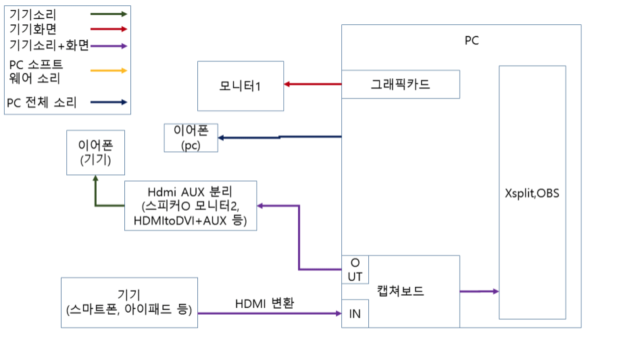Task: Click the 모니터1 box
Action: [x=240, y=86]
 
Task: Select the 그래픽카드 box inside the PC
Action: [x=400, y=84]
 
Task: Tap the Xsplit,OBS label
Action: [x=532, y=192]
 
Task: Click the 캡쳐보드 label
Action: [x=400, y=291]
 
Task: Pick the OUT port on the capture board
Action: [x=355, y=269]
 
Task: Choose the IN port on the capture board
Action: [x=355, y=313]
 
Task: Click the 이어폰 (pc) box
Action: [x=191, y=138]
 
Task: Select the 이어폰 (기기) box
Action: [x=95, y=153]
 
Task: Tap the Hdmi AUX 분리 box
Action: [x=191, y=205]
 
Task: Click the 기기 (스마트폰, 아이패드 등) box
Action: [x=129, y=303]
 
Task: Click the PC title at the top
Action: [x=471, y=41]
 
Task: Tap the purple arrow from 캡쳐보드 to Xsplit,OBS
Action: [x=478, y=291]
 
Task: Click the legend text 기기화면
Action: [x=33, y=29]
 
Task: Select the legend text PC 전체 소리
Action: [x=41, y=103]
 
